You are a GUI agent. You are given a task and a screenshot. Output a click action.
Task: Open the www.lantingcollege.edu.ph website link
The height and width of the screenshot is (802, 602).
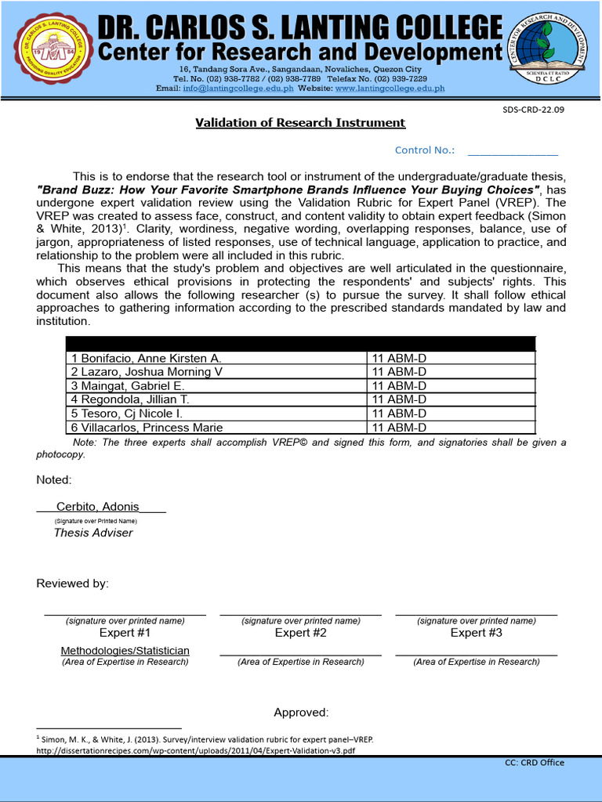(x=390, y=89)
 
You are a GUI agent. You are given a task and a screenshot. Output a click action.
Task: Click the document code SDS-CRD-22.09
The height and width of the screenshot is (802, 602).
(x=533, y=110)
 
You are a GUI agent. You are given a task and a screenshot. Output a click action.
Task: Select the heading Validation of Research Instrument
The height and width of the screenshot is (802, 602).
(x=300, y=123)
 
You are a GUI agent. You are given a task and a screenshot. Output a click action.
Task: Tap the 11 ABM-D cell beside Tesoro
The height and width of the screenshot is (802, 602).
(x=399, y=414)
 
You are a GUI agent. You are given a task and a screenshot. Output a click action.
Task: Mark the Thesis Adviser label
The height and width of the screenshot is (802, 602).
(x=93, y=533)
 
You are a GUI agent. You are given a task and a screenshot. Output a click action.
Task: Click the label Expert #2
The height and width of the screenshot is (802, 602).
(x=300, y=633)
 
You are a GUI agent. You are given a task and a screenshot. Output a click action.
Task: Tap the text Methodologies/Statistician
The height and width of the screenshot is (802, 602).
(x=125, y=651)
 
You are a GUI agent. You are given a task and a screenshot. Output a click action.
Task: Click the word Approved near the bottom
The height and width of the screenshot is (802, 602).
(x=300, y=713)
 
